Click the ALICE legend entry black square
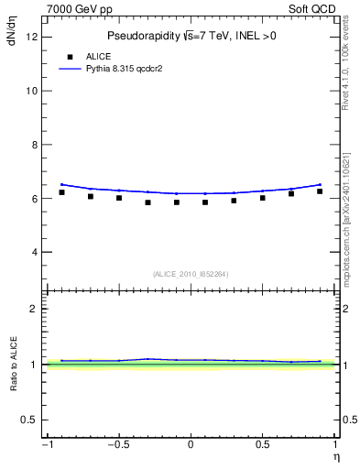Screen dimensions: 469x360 (70, 56)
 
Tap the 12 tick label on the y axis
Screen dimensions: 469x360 (31, 38)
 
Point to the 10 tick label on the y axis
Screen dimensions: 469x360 (31, 91)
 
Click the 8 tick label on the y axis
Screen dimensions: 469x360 (33, 145)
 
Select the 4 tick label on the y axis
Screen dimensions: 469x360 (33, 252)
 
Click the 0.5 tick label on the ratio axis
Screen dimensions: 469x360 (29, 420)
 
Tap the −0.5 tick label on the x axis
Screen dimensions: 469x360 (117, 445)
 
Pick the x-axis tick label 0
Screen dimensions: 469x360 (191, 445)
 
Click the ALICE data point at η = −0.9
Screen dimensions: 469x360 (61, 192)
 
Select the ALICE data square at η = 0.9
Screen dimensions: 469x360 (320, 191)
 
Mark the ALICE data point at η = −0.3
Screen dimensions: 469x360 (147, 202)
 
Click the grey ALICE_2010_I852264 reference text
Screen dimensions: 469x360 (190, 274)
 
